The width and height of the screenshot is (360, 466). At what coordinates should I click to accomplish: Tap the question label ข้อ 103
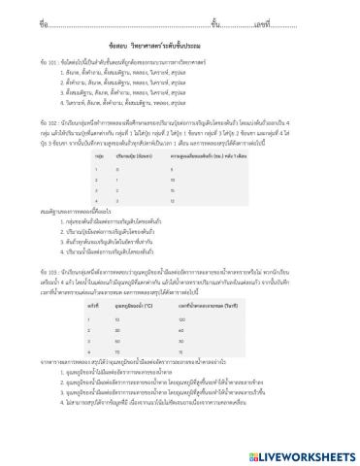point(49,267)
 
